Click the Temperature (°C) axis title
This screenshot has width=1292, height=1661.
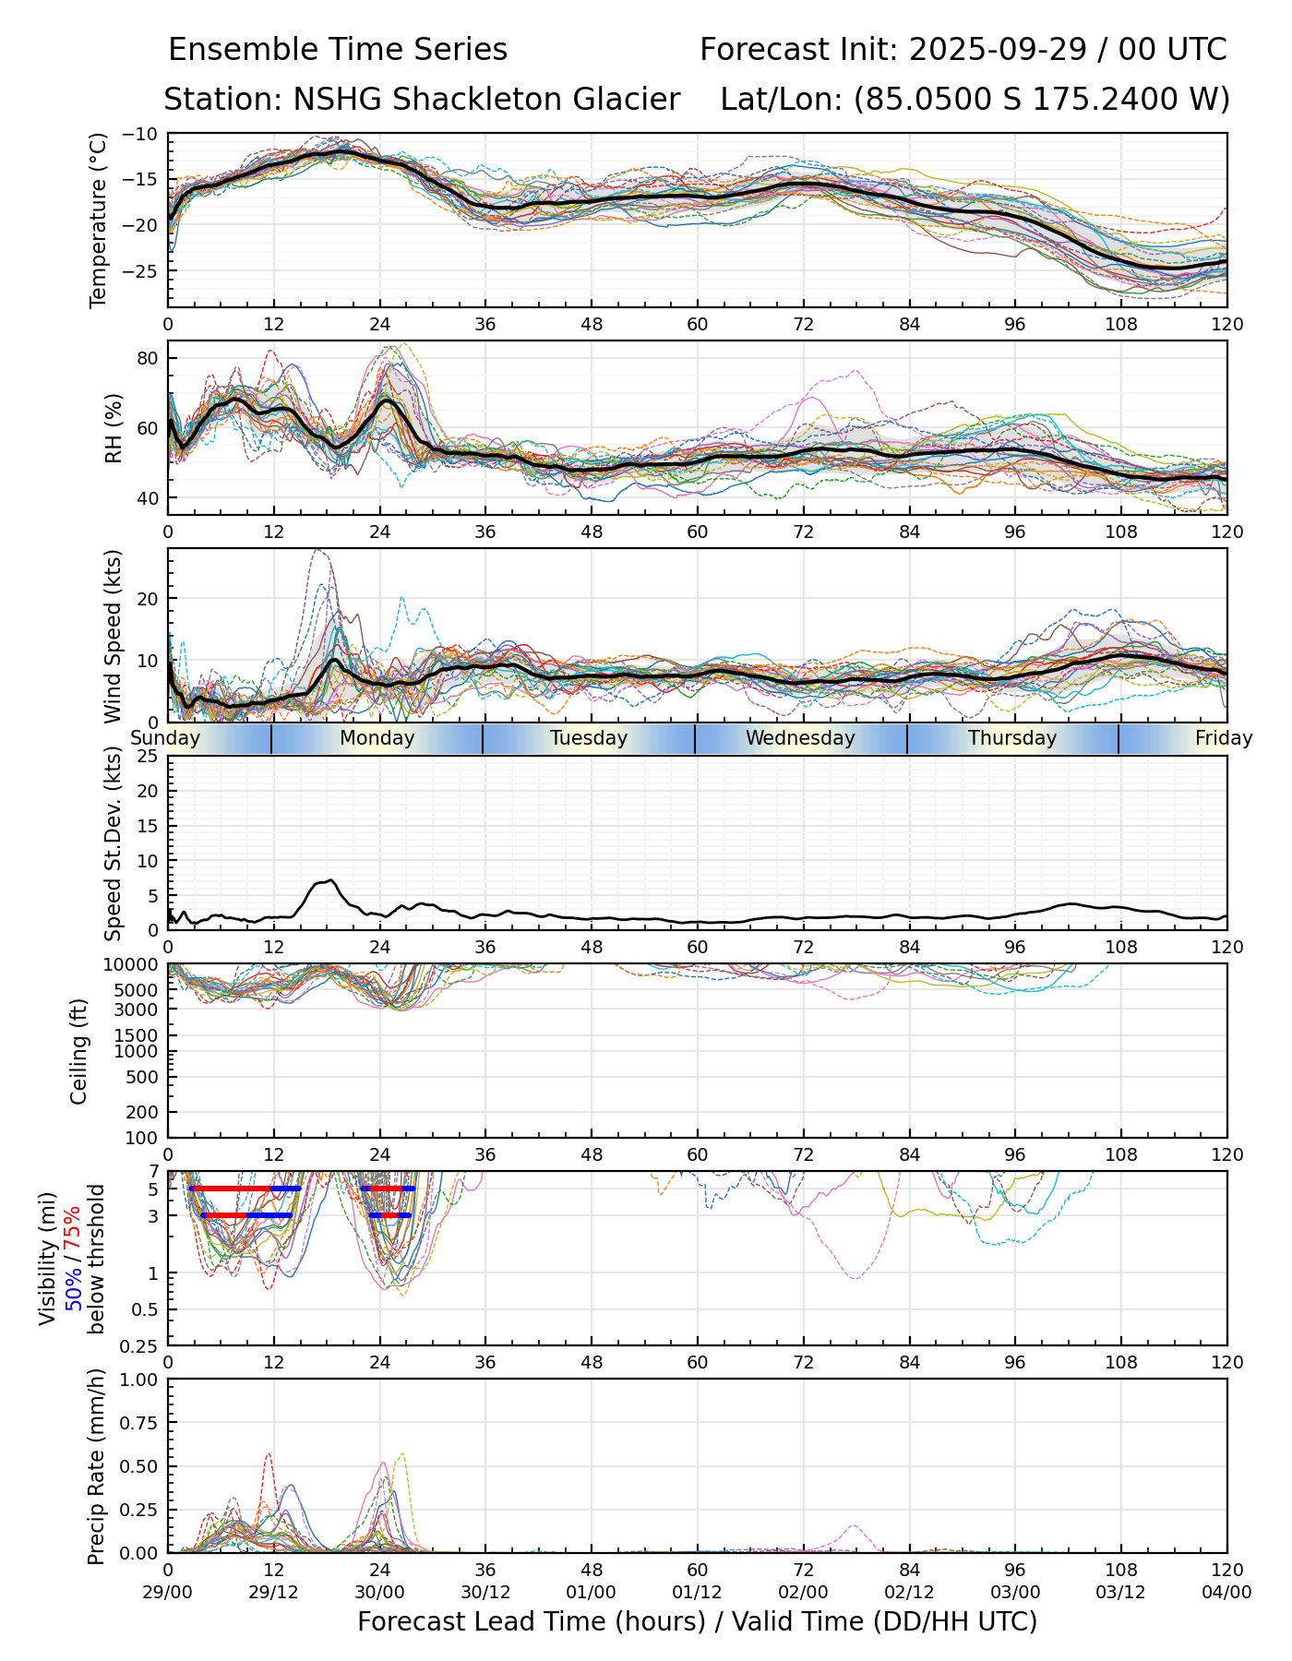[x=99, y=220]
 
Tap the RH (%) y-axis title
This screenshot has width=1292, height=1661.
[x=114, y=427]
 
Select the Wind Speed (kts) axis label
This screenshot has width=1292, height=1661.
[x=113, y=636]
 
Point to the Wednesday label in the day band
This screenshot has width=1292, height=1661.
[x=800, y=738]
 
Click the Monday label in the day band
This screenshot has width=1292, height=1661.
[x=377, y=738]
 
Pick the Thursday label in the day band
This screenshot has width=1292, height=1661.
[x=1012, y=738]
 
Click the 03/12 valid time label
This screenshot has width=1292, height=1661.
[x=1121, y=1593]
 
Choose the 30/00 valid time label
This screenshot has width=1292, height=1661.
[x=379, y=1593]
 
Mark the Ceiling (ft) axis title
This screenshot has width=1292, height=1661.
[x=79, y=1051]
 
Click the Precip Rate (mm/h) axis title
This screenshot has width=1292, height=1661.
[x=96, y=1466]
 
